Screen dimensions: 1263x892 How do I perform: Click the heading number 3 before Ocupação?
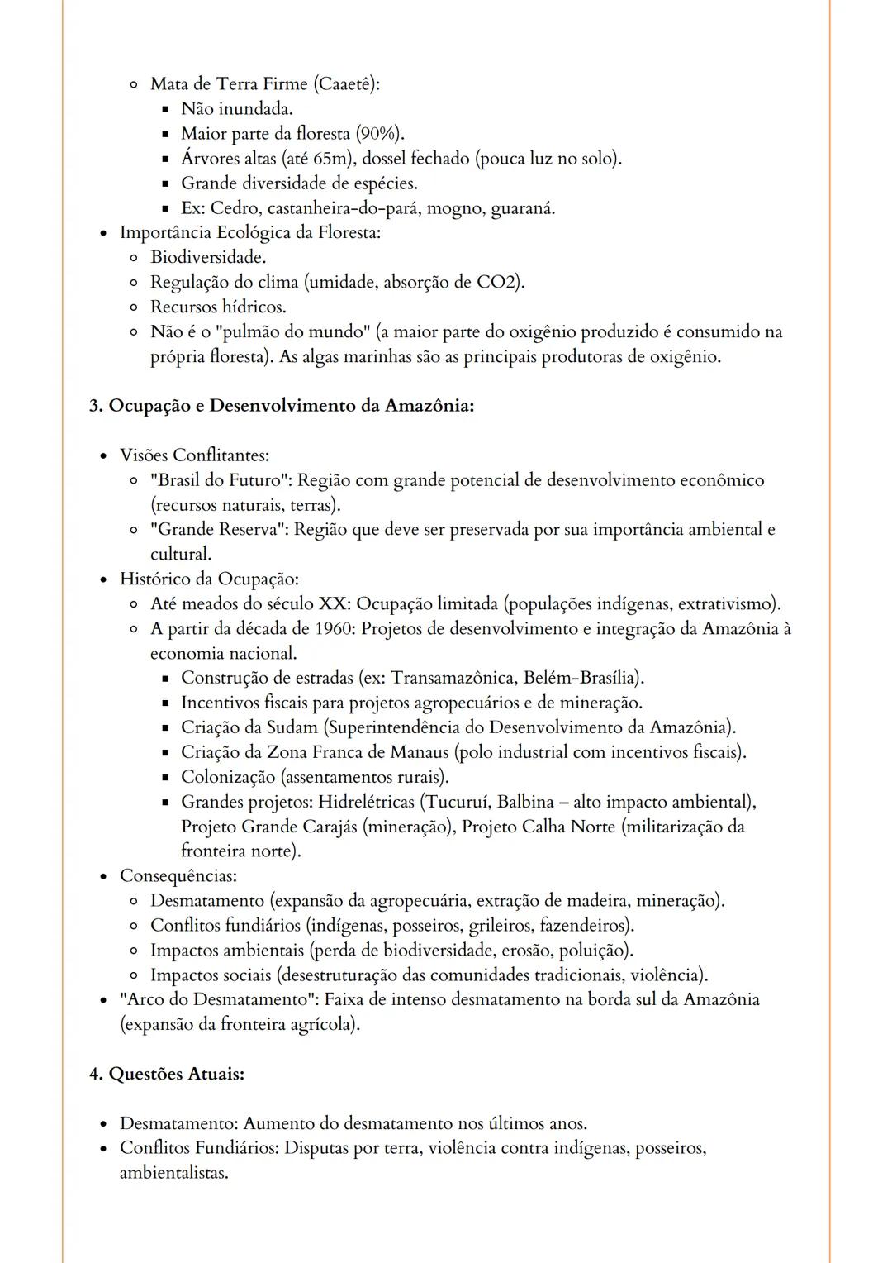pos(94,406)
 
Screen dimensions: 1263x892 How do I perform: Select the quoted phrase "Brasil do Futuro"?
pos(221,480)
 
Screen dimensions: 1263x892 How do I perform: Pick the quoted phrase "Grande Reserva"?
pos(219,530)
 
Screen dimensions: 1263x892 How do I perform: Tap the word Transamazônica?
pos(454,679)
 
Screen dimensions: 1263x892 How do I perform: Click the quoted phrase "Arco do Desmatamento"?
pos(219,1000)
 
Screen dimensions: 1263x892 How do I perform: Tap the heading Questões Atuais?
pos(176,1075)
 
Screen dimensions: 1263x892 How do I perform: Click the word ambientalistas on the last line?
pos(173,1173)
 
